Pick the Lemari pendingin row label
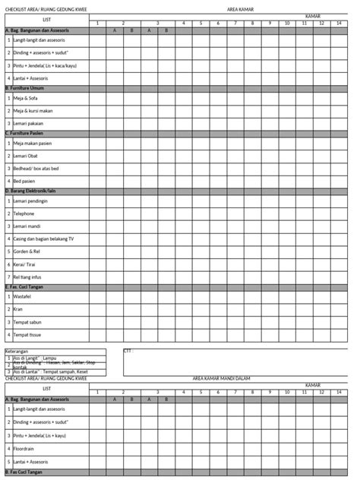(31, 201)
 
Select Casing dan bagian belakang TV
(43, 239)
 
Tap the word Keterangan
(17, 351)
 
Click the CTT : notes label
(130, 351)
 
